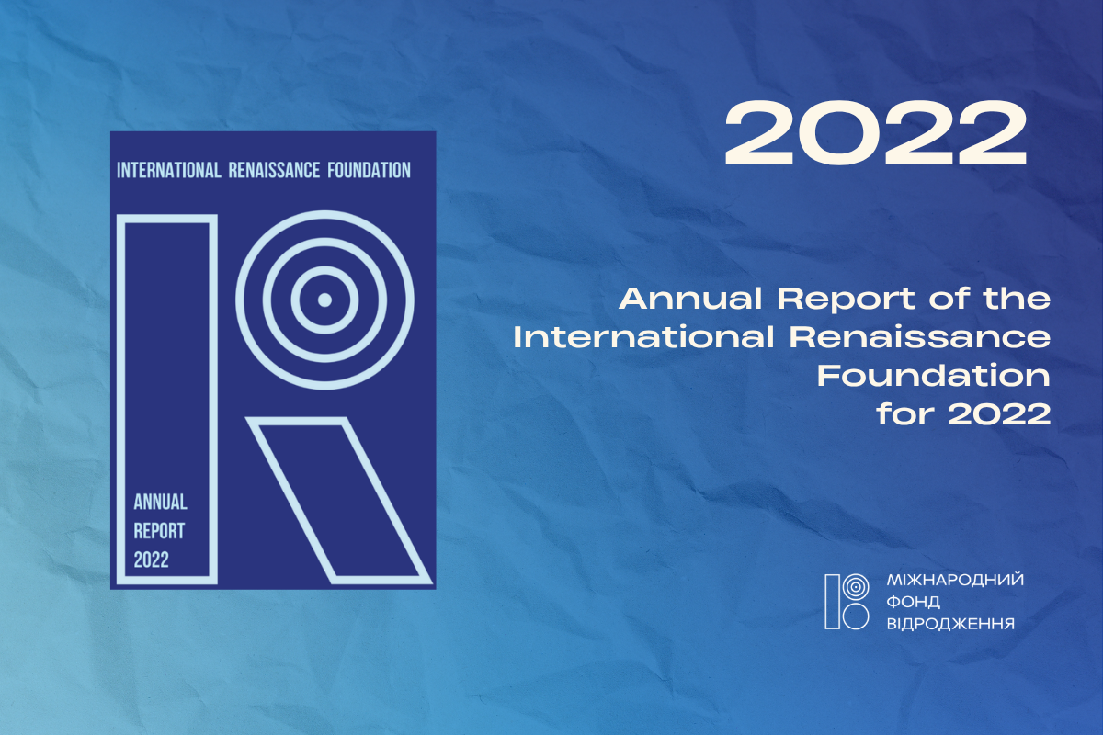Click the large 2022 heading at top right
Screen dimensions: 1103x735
pyautogui.click(x=875, y=132)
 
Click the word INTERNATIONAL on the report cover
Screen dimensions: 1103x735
pyautogui.click(x=169, y=170)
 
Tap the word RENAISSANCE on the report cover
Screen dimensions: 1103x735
pyautogui.click(x=274, y=170)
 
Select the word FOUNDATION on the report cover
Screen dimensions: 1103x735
pyautogui.click(x=369, y=170)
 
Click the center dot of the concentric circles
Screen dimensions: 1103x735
pyautogui.click(x=324, y=300)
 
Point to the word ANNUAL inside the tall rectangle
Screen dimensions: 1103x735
pyautogui.click(x=161, y=503)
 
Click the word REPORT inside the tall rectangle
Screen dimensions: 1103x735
pyautogui.click(x=159, y=531)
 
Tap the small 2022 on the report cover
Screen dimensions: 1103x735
pyautogui.click(x=151, y=560)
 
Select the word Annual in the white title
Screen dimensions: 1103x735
pyautogui.click(x=691, y=299)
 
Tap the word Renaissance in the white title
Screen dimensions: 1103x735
pyautogui.click(x=920, y=338)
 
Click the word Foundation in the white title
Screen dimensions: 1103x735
pyautogui.click(x=934, y=376)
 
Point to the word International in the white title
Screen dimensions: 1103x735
pyautogui.click(x=644, y=338)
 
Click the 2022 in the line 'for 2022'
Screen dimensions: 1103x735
pyautogui.click(x=999, y=414)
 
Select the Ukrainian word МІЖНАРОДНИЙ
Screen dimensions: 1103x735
pyautogui.click(x=955, y=580)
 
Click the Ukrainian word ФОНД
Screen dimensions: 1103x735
pyautogui.click(x=914, y=602)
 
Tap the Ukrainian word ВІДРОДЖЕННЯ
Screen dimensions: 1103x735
pyautogui.click(x=950, y=624)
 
